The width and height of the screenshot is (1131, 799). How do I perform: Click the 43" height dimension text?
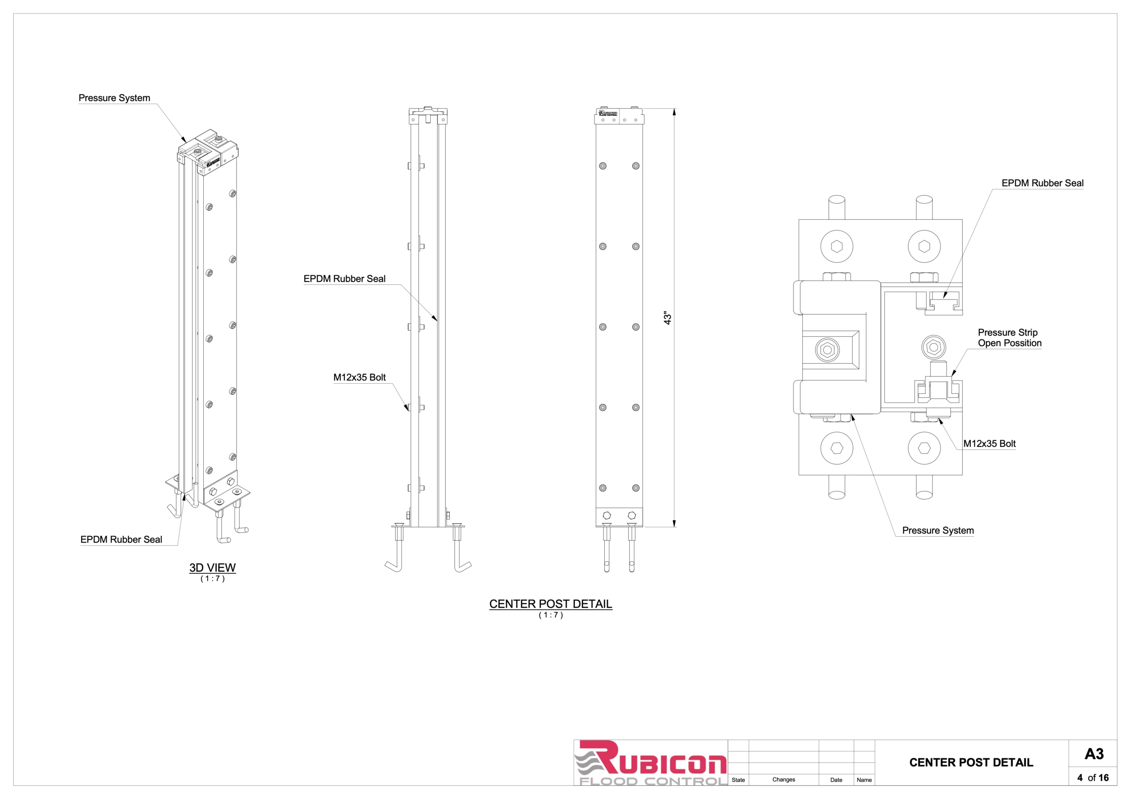[668, 317]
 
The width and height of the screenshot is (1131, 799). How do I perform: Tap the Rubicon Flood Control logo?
[651, 762]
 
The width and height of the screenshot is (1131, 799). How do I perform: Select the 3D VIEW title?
[213, 568]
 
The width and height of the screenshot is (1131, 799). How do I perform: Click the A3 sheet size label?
[1094, 754]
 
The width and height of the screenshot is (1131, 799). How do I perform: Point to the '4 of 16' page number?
[1093, 778]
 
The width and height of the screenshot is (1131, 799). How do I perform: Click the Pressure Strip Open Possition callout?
[1010, 338]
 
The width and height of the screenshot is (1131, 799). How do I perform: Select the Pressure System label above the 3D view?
[114, 98]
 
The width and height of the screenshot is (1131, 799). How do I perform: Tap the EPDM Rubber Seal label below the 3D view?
[121, 539]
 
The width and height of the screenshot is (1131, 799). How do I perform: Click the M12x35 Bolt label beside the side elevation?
[360, 377]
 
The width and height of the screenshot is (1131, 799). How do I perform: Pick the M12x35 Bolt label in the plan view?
[989, 444]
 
